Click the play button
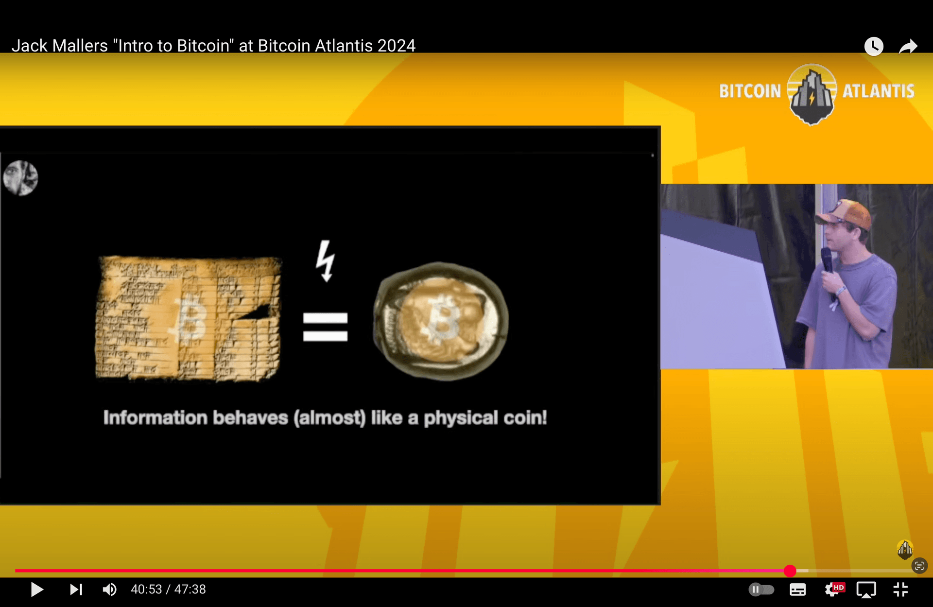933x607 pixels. pyautogui.click(x=37, y=590)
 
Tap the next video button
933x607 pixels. pyautogui.click(x=76, y=590)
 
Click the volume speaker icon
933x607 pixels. pyautogui.click(x=109, y=590)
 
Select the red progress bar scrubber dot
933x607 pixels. pyautogui.click(x=790, y=571)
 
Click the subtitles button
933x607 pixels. pyautogui.click(x=797, y=590)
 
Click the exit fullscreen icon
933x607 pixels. pyautogui.click(x=900, y=590)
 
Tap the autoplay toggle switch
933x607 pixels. pyautogui.click(x=761, y=590)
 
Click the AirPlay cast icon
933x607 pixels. pyautogui.click(x=866, y=590)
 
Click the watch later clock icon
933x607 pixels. pyautogui.click(x=874, y=47)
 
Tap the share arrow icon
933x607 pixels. pyautogui.click(x=908, y=47)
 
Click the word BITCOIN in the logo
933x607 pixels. pyautogui.click(x=750, y=91)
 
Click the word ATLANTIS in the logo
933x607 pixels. pyautogui.click(x=878, y=91)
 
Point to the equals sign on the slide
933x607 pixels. pyautogui.click(x=325, y=327)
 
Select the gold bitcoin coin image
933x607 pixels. pyautogui.click(x=440, y=321)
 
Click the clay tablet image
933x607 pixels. pyautogui.click(x=189, y=318)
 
